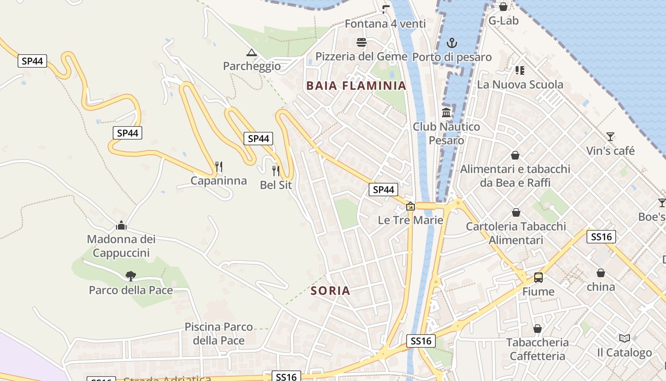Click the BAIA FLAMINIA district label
click(x=356, y=86)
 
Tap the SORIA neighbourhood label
click(x=330, y=291)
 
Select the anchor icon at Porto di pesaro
click(x=451, y=43)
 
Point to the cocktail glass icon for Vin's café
click(x=610, y=137)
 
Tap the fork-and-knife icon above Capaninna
click(x=219, y=167)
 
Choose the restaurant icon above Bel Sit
click(x=276, y=170)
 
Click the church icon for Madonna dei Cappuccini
click(x=121, y=225)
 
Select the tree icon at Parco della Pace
click(x=130, y=276)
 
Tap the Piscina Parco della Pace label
click(x=219, y=333)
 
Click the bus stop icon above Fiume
click(x=539, y=277)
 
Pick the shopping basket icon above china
click(x=601, y=273)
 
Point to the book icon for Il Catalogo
click(x=625, y=338)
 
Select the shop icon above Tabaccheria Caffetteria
click(x=537, y=329)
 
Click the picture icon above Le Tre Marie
click(x=410, y=206)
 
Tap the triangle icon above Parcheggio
click(x=252, y=52)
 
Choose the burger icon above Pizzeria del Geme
click(x=362, y=42)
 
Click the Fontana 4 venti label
click(x=385, y=23)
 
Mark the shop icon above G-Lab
click(x=503, y=7)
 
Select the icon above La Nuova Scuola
click(x=520, y=70)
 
